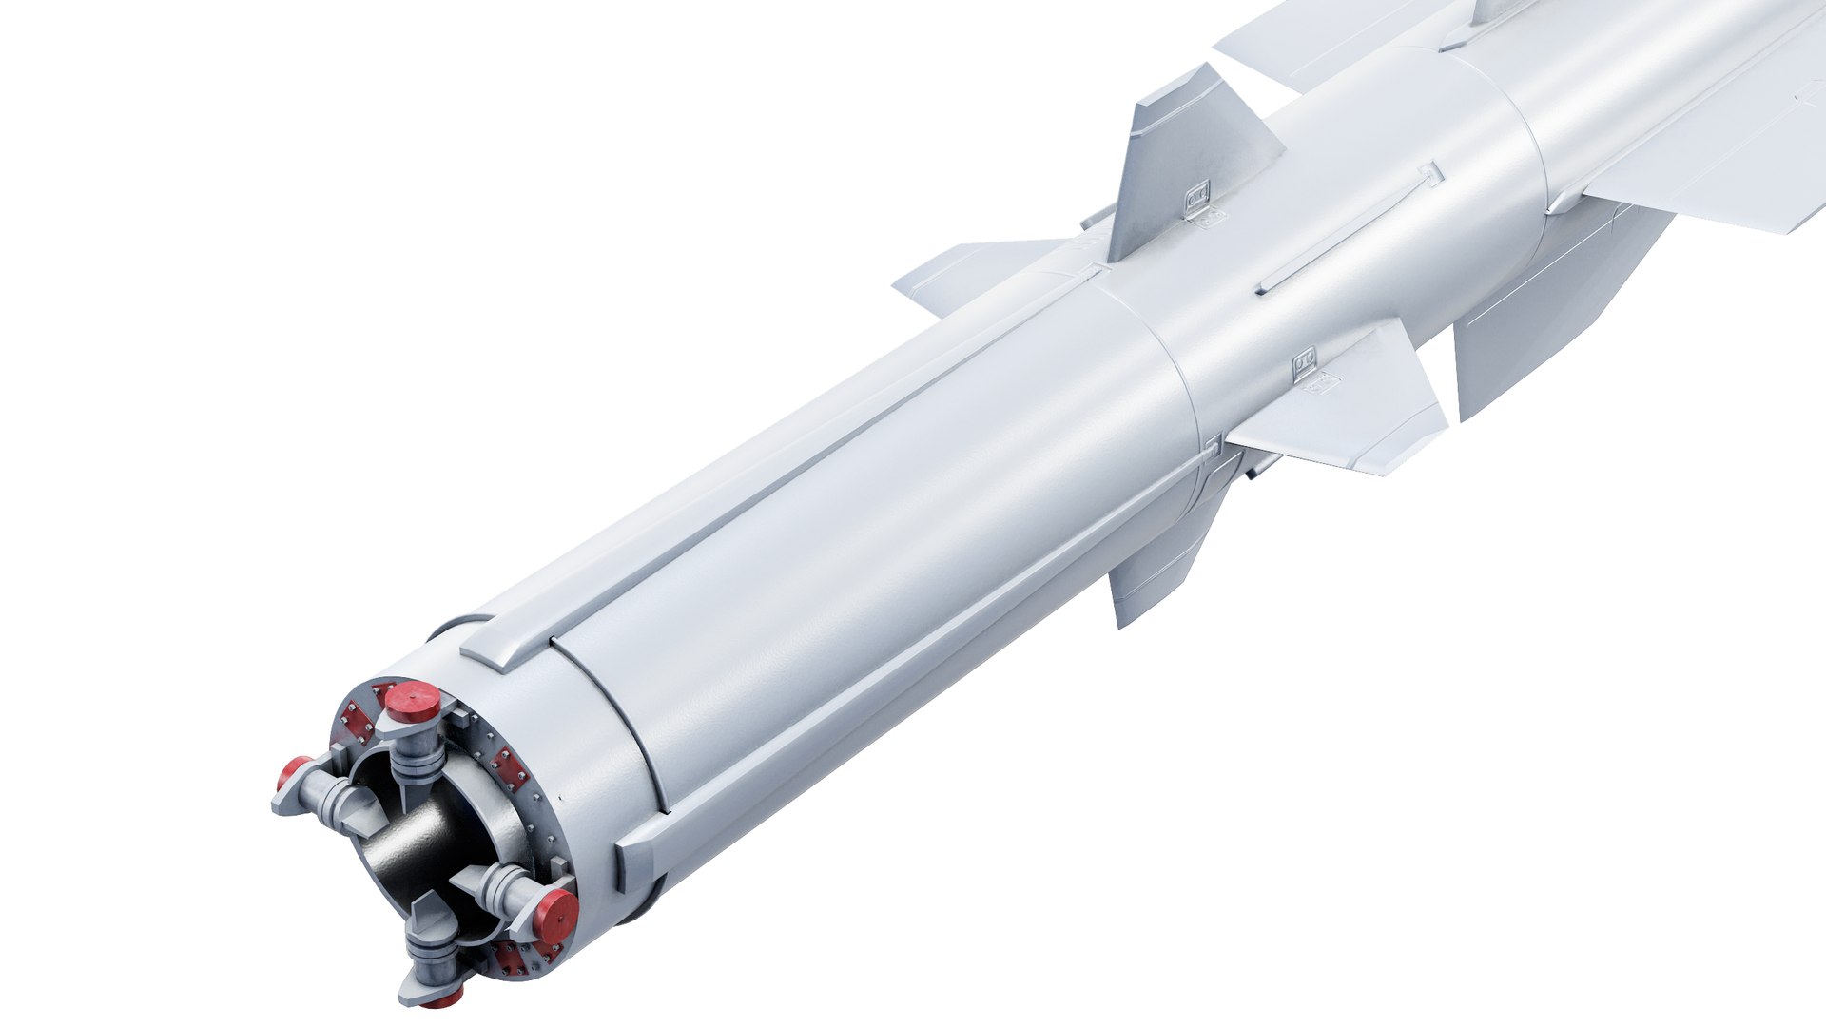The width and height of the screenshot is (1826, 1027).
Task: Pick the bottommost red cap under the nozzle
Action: click(443, 998)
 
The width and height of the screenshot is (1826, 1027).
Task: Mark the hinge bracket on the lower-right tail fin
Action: click(1304, 359)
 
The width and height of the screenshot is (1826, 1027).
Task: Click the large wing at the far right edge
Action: click(1712, 162)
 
